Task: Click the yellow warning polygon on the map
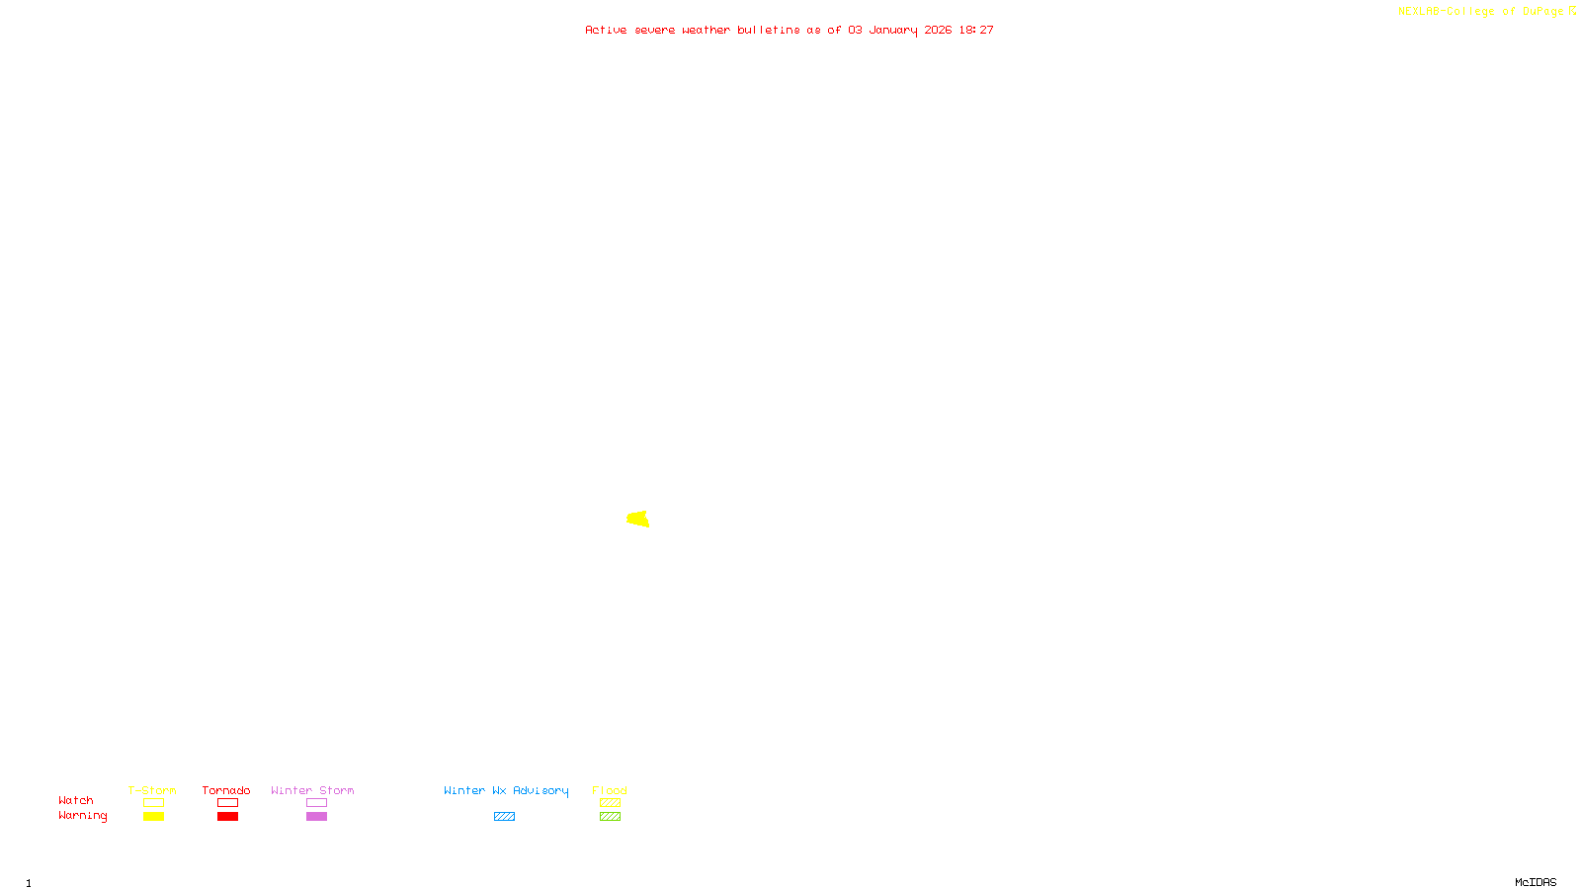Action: pos(638,519)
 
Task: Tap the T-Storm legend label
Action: pos(152,790)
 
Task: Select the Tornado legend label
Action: pos(226,790)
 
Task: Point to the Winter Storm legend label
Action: pos(312,790)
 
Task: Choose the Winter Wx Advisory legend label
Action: pos(506,790)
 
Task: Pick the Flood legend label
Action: pos(610,790)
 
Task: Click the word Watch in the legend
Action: pos(76,800)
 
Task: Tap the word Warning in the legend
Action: pos(83,816)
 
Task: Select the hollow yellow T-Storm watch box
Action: pos(153,803)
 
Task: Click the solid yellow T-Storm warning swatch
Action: pos(153,817)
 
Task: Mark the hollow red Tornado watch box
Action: pos(227,803)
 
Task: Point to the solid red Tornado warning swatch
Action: pos(227,817)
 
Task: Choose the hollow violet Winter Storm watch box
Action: pos(316,803)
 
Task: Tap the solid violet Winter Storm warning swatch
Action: pos(316,817)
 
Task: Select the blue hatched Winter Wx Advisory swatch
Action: pos(504,817)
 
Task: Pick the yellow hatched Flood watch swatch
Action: pos(610,803)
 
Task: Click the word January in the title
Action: pos(893,30)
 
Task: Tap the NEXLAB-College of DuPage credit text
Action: pos(1480,11)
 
